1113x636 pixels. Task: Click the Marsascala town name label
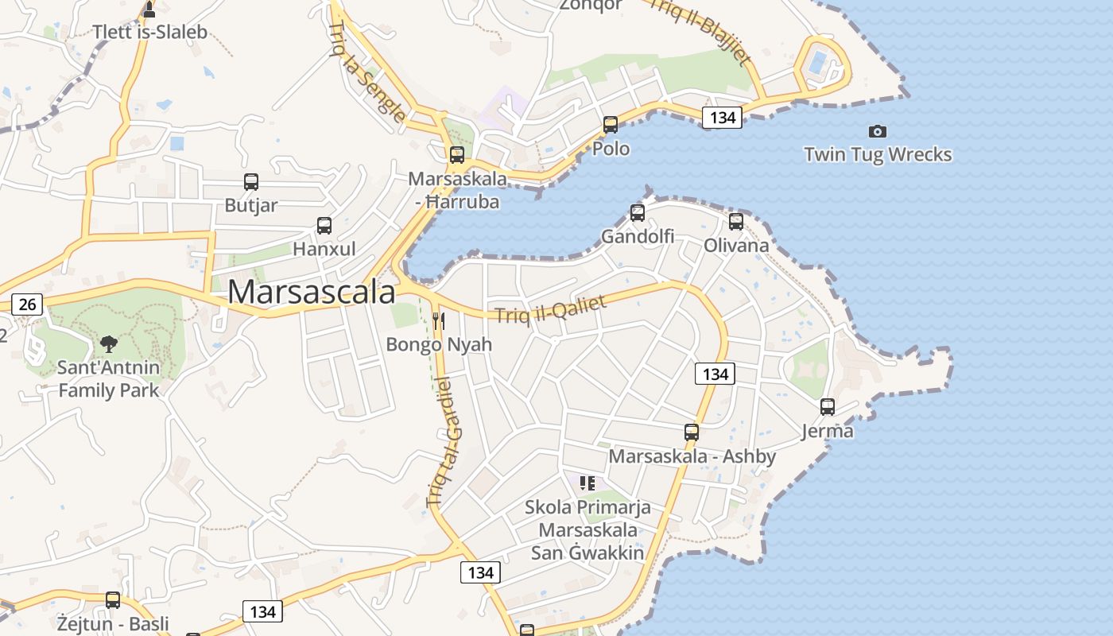(x=311, y=293)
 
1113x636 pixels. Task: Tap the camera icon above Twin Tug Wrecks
(x=878, y=131)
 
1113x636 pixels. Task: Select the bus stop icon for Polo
(x=611, y=125)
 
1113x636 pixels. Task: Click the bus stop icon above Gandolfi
(x=638, y=213)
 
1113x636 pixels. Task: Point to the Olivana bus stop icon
(x=736, y=222)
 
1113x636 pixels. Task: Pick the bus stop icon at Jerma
(x=828, y=407)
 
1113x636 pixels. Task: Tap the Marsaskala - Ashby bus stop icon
(x=692, y=432)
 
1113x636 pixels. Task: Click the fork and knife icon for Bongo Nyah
(x=438, y=321)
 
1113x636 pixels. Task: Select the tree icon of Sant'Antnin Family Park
(x=109, y=344)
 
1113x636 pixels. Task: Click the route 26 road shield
(x=27, y=304)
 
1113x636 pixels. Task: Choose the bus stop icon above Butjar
(x=251, y=182)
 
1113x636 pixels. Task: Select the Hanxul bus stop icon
(x=324, y=226)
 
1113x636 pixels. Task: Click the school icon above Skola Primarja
(x=588, y=483)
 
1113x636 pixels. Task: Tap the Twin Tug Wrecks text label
(x=878, y=154)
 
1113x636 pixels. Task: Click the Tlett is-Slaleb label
(x=150, y=32)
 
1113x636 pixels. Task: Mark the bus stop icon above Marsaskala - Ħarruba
(x=457, y=155)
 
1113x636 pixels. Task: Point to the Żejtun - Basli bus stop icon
(x=113, y=600)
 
